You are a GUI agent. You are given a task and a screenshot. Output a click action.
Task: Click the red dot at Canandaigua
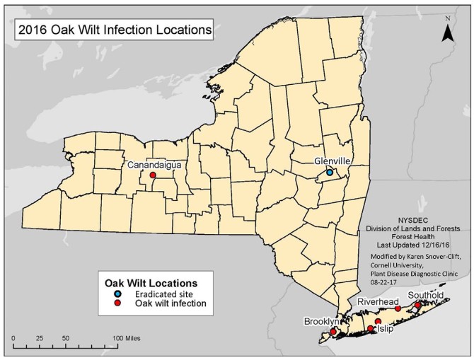pos(152,175)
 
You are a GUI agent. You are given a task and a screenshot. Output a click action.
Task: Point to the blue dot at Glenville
pos(330,172)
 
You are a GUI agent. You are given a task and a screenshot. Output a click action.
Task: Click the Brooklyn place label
pos(323,321)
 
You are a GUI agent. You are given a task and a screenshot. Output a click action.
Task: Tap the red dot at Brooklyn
pos(333,332)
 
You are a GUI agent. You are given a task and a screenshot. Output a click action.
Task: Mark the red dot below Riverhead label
pos(398,308)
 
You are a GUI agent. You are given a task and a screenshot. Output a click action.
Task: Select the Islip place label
pos(385,329)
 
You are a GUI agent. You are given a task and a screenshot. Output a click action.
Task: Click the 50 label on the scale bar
pos(65,339)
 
